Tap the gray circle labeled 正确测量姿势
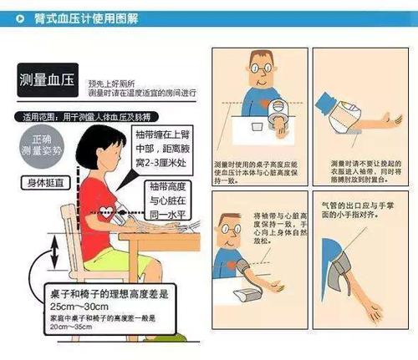tap(38, 145)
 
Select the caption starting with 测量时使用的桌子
tap(254, 170)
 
